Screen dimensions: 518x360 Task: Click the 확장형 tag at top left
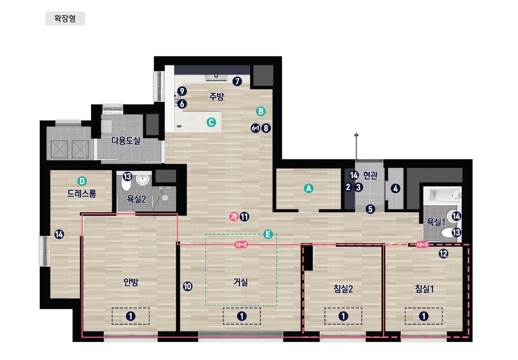(x=65, y=19)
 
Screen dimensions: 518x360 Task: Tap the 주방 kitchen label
(x=217, y=96)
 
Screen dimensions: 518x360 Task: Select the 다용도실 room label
(x=126, y=140)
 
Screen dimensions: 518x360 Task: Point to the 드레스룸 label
(x=82, y=193)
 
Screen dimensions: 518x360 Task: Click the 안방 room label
(x=131, y=282)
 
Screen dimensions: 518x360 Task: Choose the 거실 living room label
(x=241, y=282)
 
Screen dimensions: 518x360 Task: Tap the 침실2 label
(x=343, y=289)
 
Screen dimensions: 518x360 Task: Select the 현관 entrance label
(x=370, y=176)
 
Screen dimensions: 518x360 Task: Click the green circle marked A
(x=309, y=189)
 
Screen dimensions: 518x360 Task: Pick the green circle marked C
(x=212, y=122)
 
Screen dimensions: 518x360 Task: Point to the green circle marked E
(x=268, y=234)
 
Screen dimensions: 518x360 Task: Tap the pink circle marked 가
(x=234, y=217)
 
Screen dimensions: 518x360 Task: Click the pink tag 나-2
(x=241, y=245)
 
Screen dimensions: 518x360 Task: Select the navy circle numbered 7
(x=237, y=81)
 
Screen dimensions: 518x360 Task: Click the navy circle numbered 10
(x=187, y=287)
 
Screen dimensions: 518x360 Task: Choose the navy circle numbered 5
(x=370, y=209)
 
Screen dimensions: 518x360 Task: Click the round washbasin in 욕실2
(x=142, y=180)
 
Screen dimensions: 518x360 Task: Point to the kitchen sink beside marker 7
(x=216, y=77)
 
